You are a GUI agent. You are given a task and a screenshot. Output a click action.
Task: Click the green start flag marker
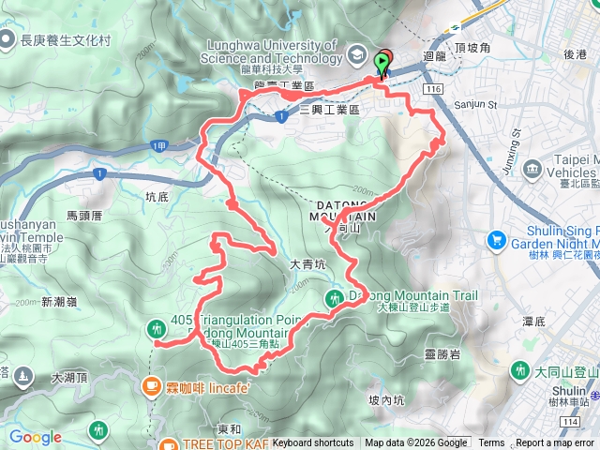coord(382,64)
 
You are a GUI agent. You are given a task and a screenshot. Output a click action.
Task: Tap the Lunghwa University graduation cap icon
coord(358,55)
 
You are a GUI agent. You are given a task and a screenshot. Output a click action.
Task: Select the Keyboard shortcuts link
coord(313,443)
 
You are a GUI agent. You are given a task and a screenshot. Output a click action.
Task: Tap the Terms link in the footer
coord(491,443)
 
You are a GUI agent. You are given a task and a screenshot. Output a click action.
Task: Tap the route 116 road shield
coord(432,87)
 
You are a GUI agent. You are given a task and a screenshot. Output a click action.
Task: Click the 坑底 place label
coord(157,197)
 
